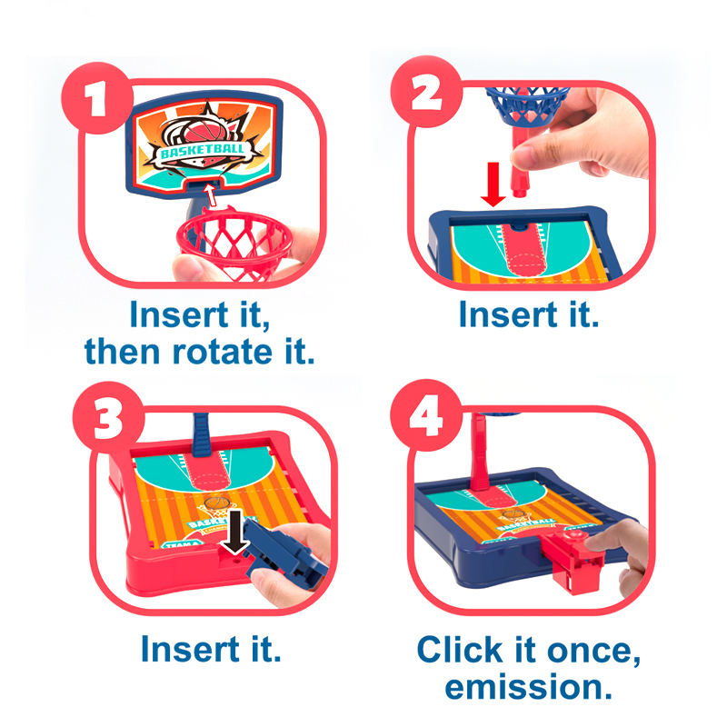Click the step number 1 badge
97,98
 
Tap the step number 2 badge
426,92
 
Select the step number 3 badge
108,417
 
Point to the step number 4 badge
426,415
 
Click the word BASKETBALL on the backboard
202,150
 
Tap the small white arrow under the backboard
211,194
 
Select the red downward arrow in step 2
493,184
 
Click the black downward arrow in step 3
235,532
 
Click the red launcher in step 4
571,562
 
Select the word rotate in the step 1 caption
222,352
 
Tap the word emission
529,687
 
